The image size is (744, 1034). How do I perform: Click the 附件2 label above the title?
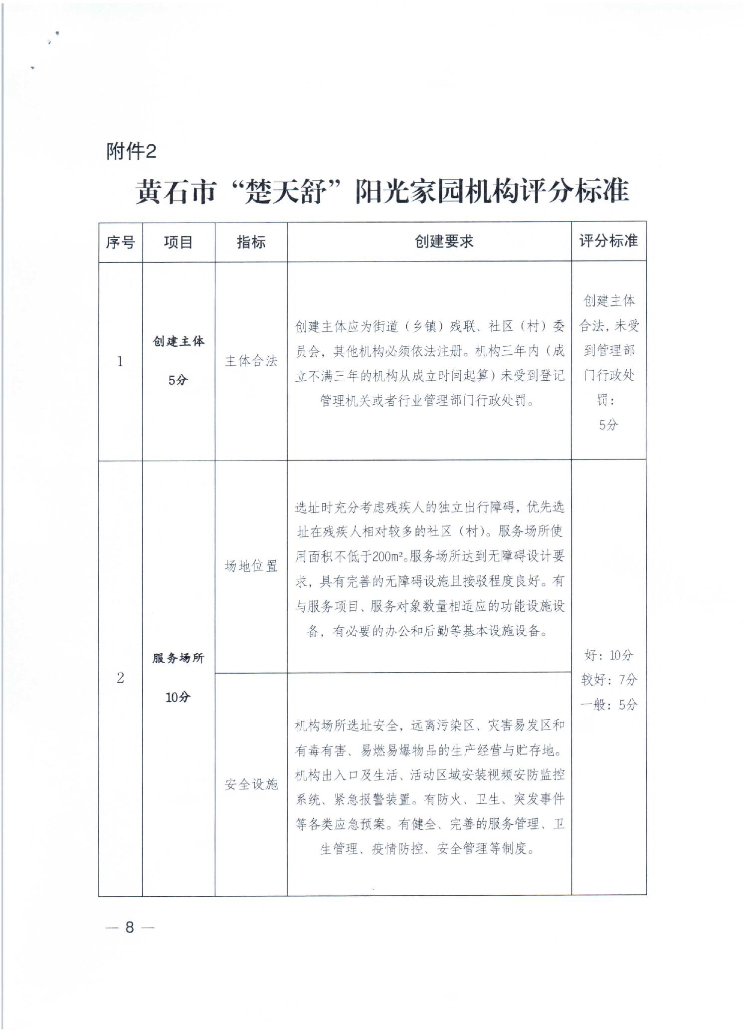(131, 151)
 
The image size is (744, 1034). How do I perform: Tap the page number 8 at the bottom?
(130, 927)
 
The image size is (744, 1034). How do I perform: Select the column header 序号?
(120, 243)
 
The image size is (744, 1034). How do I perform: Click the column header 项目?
(178, 243)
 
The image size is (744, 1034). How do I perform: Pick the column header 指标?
(251, 243)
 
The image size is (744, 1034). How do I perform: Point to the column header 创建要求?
(444, 242)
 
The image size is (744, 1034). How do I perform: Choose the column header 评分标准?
(608, 241)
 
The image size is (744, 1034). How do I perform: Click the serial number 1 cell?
(120, 361)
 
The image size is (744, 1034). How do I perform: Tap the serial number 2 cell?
(120, 678)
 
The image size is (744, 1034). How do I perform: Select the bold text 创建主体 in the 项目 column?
(179, 341)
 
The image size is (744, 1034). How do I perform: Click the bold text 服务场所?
(179, 658)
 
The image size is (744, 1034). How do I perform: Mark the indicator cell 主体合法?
(251, 361)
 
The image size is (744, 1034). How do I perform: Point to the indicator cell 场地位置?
(251, 566)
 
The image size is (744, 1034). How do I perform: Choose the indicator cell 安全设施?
(251, 784)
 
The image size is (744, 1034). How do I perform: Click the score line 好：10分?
(608, 655)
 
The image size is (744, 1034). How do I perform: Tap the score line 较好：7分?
(609, 680)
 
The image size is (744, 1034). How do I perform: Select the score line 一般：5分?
(609, 705)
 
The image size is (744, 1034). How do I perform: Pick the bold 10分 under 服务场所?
(178, 697)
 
